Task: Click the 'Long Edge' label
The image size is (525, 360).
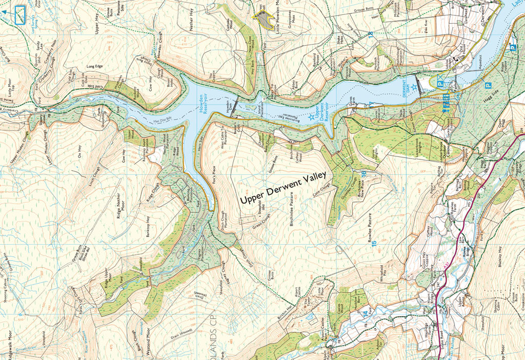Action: (95, 67)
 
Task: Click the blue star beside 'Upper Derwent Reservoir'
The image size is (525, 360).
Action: (311, 117)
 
